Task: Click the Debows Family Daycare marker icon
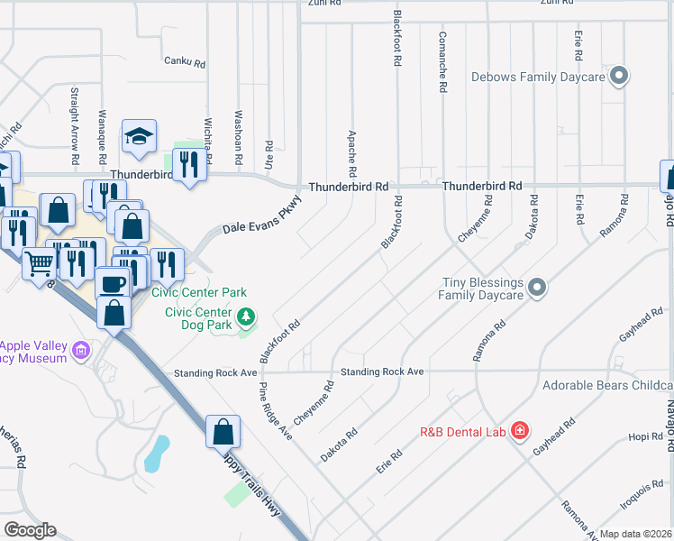(x=618, y=77)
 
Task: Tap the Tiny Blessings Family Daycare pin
(x=537, y=289)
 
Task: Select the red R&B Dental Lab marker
(x=519, y=431)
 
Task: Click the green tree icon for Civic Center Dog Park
(x=246, y=317)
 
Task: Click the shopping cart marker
(x=40, y=265)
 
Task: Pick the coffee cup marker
(x=112, y=283)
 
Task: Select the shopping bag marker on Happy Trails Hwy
(x=223, y=432)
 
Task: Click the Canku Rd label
(x=185, y=63)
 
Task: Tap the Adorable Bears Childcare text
(x=607, y=386)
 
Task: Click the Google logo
(x=30, y=530)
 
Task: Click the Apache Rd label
(x=352, y=152)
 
